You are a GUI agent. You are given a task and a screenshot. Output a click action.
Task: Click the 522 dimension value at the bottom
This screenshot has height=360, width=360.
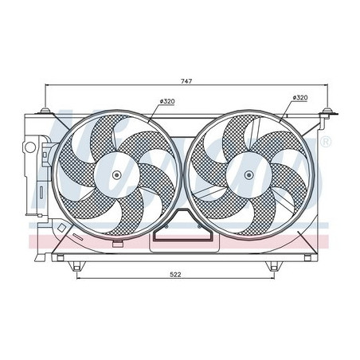coord(174,274)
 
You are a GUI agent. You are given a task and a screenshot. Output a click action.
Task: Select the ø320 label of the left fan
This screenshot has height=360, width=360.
coord(166,101)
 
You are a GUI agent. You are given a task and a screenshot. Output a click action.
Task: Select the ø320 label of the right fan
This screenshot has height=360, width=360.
coord(299,97)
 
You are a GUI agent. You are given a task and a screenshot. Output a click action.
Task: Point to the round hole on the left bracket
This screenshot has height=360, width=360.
coord(30,147)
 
